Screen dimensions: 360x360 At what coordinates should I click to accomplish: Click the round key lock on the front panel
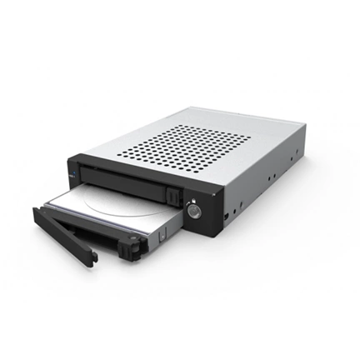tap(193, 210)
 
